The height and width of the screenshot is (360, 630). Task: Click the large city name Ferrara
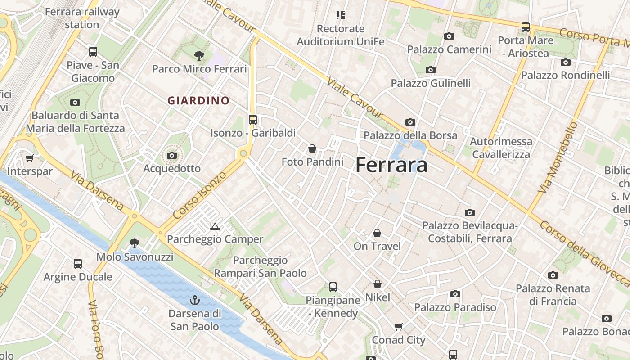point(391,165)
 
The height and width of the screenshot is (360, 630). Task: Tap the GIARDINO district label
point(198,101)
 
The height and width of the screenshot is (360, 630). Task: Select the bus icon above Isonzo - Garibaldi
point(253,120)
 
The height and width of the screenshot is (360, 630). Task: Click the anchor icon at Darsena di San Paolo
point(195,300)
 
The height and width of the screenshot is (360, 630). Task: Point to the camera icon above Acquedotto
point(171,156)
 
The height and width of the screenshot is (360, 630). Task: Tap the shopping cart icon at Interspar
point(30,158)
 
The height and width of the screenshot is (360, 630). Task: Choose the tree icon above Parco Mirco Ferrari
point(199,56)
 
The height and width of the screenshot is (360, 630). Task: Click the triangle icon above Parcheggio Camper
point(215,226)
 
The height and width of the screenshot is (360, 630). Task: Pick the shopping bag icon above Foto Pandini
point(312,148)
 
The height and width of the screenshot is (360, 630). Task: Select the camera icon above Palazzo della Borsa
point(410,122)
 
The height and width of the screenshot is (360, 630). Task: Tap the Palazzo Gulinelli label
point(431,83)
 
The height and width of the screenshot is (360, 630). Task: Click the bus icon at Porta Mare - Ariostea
point(526,27)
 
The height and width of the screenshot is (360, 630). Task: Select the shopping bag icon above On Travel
point(377,233)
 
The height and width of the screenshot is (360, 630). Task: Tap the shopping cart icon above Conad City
point(398,327)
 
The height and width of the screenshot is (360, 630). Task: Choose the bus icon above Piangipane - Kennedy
point(333,287)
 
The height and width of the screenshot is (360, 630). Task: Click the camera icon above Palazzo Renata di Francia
point(553,275)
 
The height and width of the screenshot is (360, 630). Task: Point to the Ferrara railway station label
point(82,18)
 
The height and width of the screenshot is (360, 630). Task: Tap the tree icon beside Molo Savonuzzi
point(134,243)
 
